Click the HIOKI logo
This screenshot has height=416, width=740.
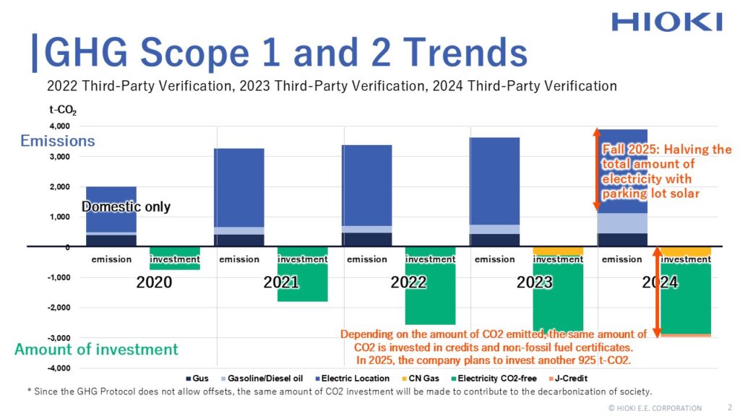(666, 21)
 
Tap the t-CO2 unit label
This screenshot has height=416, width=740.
(63, 111)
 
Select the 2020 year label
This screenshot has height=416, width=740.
(154, 282)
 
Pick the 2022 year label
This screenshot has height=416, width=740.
(408, 282)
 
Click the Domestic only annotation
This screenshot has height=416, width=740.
(126, 207)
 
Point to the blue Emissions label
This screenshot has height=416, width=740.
(58, 141)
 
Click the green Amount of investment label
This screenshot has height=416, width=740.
(96, 350)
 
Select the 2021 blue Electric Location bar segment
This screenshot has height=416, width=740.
(238, 188)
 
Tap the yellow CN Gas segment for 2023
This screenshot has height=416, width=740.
(558, 251)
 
